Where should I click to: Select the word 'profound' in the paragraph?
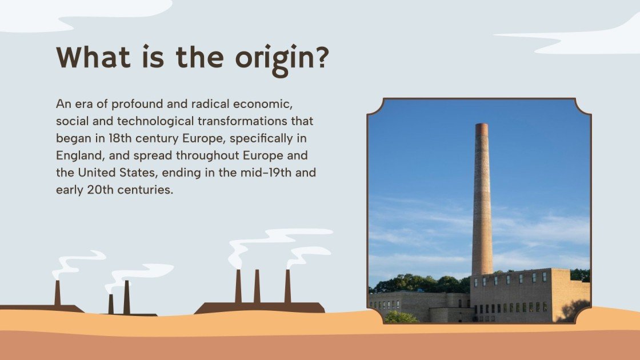coord(135,105)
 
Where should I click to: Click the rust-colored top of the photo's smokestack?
coord(482,130)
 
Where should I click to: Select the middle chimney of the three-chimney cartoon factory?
coord(257,286)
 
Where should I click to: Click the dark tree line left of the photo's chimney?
coord(423,283)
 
